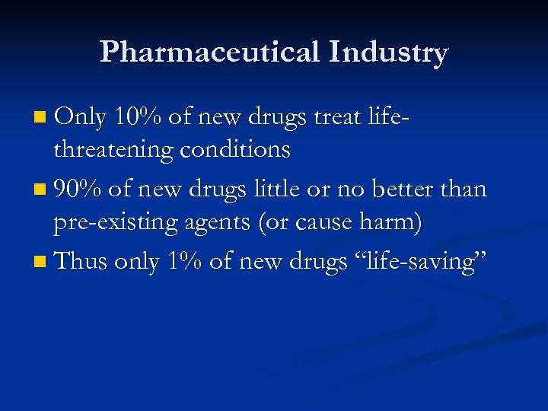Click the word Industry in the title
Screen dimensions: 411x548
click(x=389, y=53)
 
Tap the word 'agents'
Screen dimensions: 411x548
click(x=221, y=224)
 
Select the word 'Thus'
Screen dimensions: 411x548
click(x=81, y=261)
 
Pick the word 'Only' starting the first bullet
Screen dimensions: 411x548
click(x=80, y=116)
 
